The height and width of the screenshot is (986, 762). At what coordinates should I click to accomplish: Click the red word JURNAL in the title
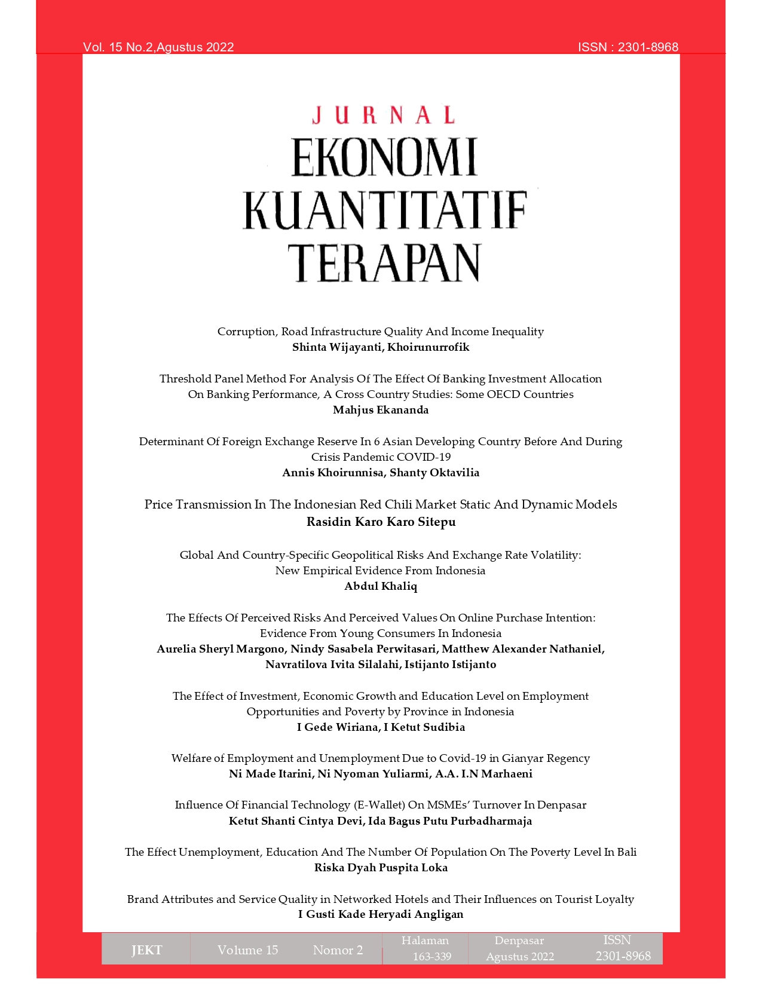pyautogui.click(x=383, y=115)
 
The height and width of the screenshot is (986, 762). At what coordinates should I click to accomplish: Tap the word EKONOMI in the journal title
pyautogui.click(x=384, y=158)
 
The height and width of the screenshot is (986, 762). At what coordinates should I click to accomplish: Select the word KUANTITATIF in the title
pyautogui.click(x=384, y=210)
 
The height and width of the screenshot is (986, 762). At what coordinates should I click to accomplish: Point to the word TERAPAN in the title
pyautogui.click(x=384, y=263)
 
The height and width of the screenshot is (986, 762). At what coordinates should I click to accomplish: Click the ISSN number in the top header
pyautogui.click(x=648, y=47)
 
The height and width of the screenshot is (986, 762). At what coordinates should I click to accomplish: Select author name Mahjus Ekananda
pyautogui.click(x=381, y=410)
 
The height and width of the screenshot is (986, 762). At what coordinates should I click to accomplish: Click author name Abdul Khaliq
pyautogui.click(x=381, y=586)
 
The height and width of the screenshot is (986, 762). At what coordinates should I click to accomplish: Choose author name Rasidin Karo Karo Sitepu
pyautogui.click(x=381, y=522)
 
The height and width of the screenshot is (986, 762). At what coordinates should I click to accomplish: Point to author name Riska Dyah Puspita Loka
pyautogui.click(x=381, y=868)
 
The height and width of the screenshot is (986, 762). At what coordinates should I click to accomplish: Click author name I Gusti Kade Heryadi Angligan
pyautogui.click(x=381, y=914)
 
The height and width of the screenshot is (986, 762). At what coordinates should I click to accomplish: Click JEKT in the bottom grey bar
pyautogui.click(x=146, y=950)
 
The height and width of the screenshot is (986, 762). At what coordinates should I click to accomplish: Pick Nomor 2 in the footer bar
pyautogui.click(x=338, y=950)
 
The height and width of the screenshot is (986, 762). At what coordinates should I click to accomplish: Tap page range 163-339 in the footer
pyautogui.click(x=432, y=957)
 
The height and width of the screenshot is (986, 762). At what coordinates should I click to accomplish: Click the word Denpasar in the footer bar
pyautogui.click(x=519, y=941)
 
